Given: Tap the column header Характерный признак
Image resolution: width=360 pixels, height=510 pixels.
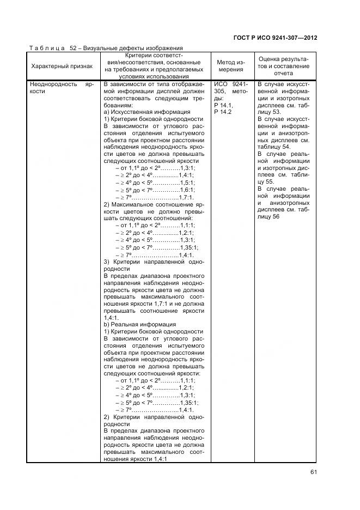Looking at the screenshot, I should (x=62, y=66).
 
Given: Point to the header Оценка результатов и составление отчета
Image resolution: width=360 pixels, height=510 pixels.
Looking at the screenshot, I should (x=283, y=66).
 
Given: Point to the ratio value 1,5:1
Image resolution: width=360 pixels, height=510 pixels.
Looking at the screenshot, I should (x=187, y=183).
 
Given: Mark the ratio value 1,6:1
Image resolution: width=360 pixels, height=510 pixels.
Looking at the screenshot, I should (x=187, y=190).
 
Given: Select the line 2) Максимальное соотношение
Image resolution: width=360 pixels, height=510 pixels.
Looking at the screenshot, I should (x=153, y=204).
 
